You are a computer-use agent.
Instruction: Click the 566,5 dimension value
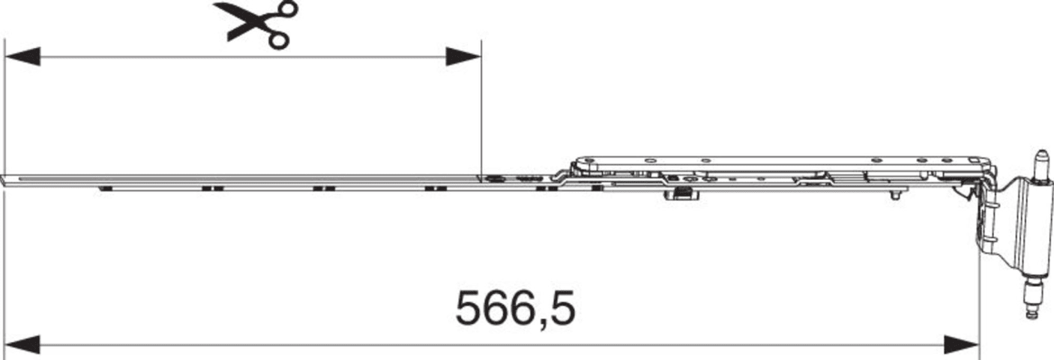point(515,309)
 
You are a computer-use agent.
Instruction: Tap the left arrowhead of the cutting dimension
point(22,56)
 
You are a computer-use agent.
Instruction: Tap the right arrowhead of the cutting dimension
point(463,56)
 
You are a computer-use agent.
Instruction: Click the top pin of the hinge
point(1042,164)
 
